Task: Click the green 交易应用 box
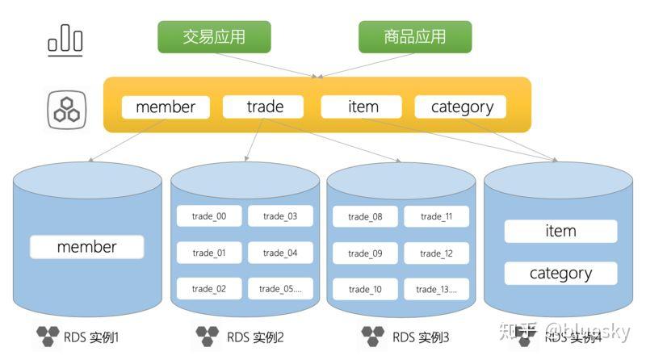[x=214, y=36]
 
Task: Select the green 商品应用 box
[x=414, y=36]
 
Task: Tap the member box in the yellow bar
[x=166, y=107]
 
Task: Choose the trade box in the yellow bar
[x=264, y=107]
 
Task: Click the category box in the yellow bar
[x=461, y=107]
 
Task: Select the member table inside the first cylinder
[x=86, y=247]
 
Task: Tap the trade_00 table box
[x=209, y=216]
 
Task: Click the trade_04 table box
[x=280, y=253]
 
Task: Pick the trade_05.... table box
[x=280, y=288]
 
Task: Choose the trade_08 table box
[x=365, y=216]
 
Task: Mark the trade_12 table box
[x=436, y=253]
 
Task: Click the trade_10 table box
[x=365, y=289]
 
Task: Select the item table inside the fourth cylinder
[x=560, y=231]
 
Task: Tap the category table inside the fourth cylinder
[x=560, y=273]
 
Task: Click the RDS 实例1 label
[x=91, y=336]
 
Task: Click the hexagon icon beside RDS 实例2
[x=208, y=335]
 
